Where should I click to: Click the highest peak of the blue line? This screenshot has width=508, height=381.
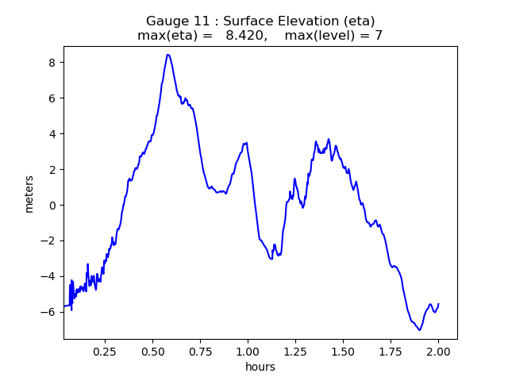(x=168, y=55)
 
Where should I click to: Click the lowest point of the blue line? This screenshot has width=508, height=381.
(x=419, y=329)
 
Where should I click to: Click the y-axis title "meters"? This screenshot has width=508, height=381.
(x=29, y=194)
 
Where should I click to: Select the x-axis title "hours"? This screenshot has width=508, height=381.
(x=260, y=367)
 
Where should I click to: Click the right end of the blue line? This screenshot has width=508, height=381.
(x=439, y=304)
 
